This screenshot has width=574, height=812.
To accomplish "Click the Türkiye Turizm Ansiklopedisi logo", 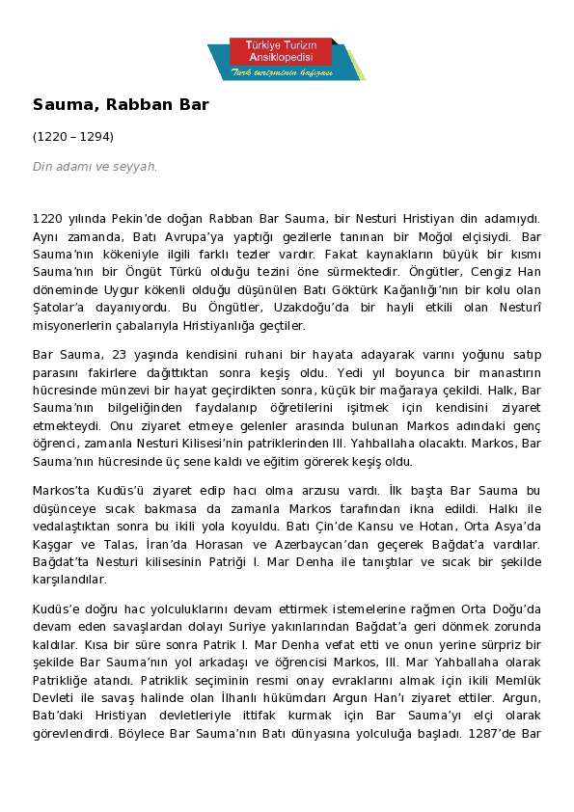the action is click(x=287, y=59).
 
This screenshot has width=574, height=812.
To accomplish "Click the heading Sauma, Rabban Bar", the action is click(x=121, y=104).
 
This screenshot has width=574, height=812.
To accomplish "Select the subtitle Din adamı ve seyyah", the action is click(x=95, y=167).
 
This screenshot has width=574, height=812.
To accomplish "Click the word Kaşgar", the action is click(x=55, y=544).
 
